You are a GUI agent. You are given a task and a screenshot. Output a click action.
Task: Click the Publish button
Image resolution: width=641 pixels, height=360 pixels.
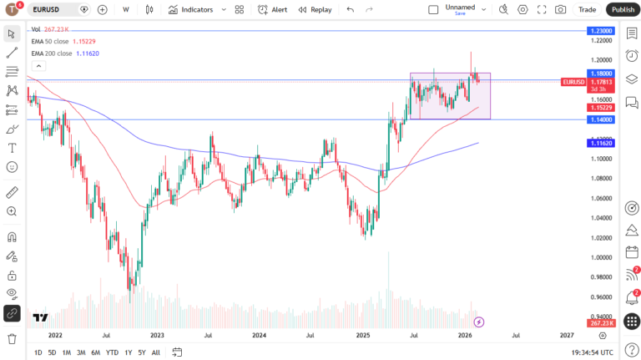coord(623,9)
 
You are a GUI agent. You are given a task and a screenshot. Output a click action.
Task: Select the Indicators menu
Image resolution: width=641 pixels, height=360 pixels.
coord(190,9)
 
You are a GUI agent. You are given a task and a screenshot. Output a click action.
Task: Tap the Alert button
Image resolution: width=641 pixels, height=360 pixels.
coord(273,9)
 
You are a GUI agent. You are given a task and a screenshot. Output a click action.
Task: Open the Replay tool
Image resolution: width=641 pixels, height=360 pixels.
coord(315,9)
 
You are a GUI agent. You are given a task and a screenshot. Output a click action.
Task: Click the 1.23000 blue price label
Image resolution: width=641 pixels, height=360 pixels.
coord(601,30)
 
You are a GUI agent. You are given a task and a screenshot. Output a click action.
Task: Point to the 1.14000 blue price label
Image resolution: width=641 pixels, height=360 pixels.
coord(601,119)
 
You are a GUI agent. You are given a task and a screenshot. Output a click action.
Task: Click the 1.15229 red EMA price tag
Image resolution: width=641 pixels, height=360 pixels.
coord(601,107)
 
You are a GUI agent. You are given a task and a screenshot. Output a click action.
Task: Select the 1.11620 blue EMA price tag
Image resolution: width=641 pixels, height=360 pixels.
coord(601,144)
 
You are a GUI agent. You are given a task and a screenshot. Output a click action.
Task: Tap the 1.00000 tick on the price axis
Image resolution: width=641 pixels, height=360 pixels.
coord(601,257)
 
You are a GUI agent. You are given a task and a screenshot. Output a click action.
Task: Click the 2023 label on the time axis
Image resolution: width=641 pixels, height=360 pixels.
coord(158,335)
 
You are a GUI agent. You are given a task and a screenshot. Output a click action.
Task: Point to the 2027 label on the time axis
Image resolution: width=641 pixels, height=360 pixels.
coord(567,335)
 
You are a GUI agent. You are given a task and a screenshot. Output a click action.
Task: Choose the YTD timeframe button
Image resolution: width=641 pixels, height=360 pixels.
coord(112,352)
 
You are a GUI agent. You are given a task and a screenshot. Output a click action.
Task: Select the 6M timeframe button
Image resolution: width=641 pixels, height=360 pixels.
coord(96,352)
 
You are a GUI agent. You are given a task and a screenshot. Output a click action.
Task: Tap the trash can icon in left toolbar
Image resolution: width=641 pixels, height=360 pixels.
coord(12,338)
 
